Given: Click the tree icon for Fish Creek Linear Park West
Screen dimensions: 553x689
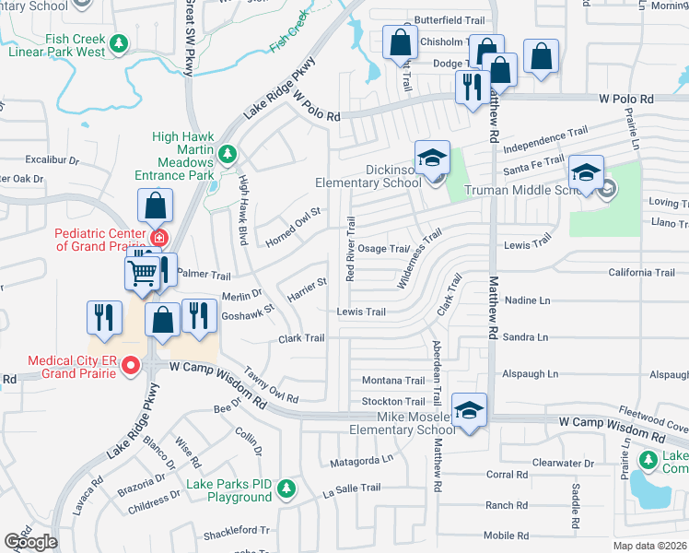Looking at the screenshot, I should tap(118, 42).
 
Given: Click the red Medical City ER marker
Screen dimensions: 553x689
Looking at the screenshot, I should tap(131, 367).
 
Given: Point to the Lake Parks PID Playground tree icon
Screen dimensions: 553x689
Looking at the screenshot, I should tap(287, 487).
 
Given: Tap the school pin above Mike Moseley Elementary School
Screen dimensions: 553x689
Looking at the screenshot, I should tap(469, 410).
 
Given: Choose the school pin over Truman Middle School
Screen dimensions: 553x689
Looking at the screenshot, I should tap(585, 172).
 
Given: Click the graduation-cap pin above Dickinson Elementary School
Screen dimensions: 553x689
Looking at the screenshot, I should tap(431, 157).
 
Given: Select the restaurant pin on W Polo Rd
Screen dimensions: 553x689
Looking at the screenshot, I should tap(471, 88).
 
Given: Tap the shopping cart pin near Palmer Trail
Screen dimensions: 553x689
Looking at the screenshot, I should tap(142, 272).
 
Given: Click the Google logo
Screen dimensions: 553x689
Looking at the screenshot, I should tap(30, 542).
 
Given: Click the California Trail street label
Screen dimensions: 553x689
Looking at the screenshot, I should tap(641, 273).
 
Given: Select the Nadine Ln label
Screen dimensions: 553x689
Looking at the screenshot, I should tap(527, 300).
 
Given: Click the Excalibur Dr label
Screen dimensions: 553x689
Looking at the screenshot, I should tap(53, 159).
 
